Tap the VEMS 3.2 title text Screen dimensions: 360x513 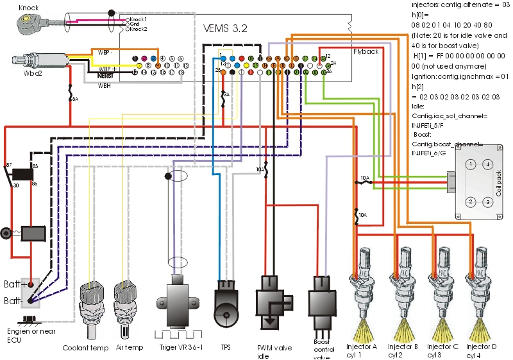[x=225, y=29]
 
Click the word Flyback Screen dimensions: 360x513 [x=366, y=51]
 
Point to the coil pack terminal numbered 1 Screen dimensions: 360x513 [x=471, y=164]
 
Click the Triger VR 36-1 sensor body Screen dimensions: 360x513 [x=176, y=302]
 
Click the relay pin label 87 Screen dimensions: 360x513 [x=9, y=165]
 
